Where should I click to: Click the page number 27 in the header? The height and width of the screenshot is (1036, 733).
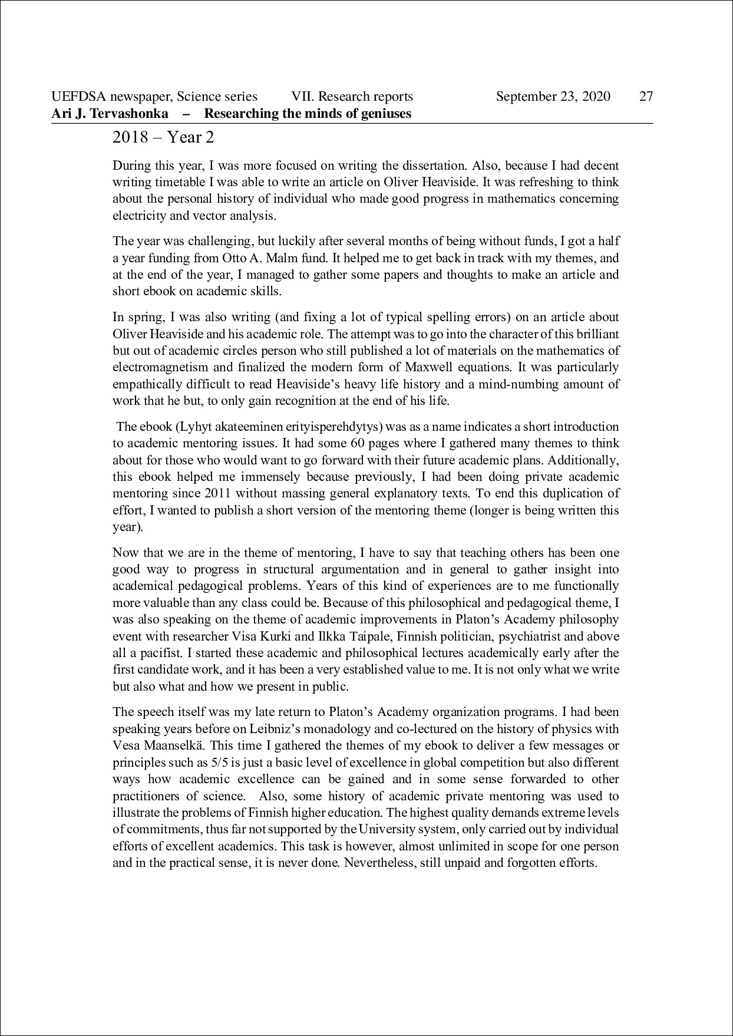pos(646,97)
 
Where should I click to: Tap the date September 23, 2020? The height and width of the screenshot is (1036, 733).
pos(553,97)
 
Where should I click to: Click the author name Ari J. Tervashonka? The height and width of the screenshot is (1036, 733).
pos(110,113)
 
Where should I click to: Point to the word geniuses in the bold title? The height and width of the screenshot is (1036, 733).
pos(385,113)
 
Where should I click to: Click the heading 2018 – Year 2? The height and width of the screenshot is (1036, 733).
pos(163,137)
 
